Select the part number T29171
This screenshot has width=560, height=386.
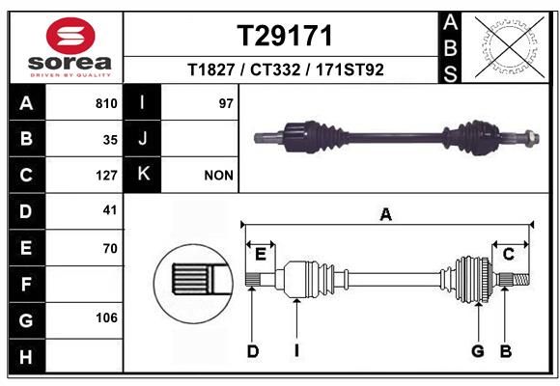coord(285,37)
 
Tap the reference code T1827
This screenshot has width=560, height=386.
coord(213,69)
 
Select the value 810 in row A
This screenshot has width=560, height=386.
coord(106,103)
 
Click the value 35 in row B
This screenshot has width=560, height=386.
coord(110,139)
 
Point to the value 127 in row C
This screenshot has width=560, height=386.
coord(106,176)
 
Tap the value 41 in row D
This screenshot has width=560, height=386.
coord(110,210)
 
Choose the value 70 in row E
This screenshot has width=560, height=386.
coord(110,248)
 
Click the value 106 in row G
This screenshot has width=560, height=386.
coord(106,318)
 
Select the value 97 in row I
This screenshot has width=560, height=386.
coord(227,103)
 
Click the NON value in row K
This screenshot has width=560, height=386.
coord(218,176)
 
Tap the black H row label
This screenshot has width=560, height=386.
coord(25,356)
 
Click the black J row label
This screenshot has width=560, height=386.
coord(142,139)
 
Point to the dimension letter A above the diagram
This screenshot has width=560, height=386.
coord(386,214)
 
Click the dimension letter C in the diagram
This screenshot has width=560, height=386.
coord(508,254)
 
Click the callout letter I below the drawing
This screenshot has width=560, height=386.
coord(296,351)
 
